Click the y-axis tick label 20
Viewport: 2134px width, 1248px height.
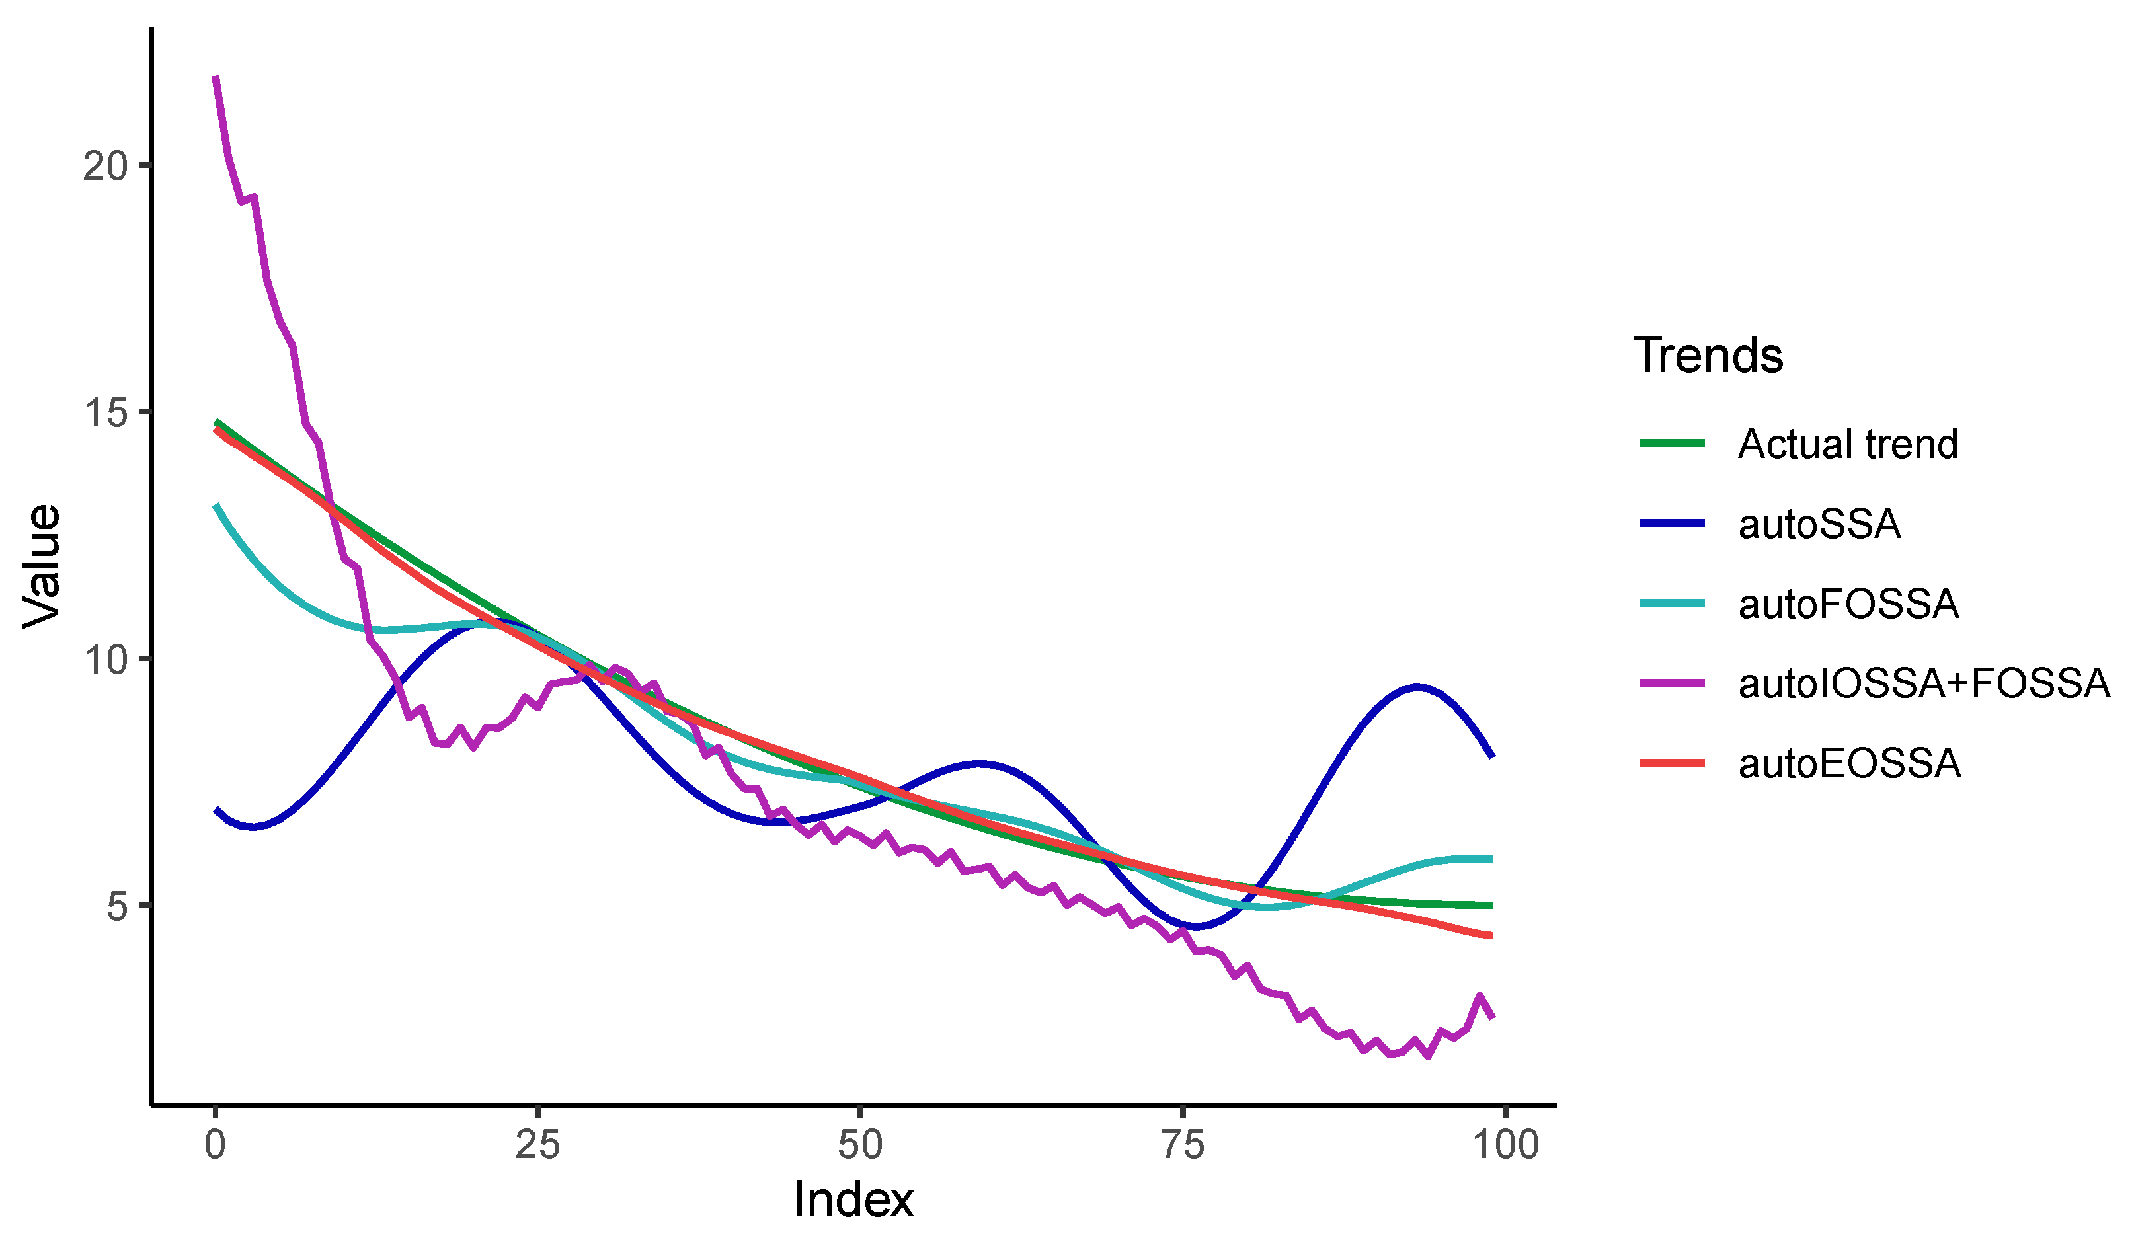pyautogui.click(x=104, y=167)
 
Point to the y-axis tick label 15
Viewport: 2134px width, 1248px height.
pyautogui.click(x=104, y=413)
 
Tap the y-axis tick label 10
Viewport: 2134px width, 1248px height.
pyautogui.click(x=104, y=660)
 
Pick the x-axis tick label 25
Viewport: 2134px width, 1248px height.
pyautogui.click(x=537, y=1145)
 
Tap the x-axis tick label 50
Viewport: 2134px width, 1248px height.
pyautogui.click(x=859, y=1145)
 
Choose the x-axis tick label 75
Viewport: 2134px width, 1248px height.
pyautogui.click(x=1182, y=1145)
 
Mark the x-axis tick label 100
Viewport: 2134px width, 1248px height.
pyautogui.click(x=1505, y=1145)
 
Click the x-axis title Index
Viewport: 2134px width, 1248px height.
pyautogui.click(x=853, y=1200)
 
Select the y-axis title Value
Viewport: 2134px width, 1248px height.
pyautogui.click(x=42, y=566)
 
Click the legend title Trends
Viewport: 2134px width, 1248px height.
pyautogui.click(x=1708, y=355)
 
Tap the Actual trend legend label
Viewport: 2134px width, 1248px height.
pyautogui.click(x=1848, y=444)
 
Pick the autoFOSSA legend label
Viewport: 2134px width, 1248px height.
pyautogui.click(x=1848, y=604)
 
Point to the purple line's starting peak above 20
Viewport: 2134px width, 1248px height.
pyautogui.click(x=216, y=78)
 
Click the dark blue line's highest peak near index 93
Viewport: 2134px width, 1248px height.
pyautogui.click(x=1416, y=687)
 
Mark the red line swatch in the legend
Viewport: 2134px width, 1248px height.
pyautogui.click(x=1672, y=763)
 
